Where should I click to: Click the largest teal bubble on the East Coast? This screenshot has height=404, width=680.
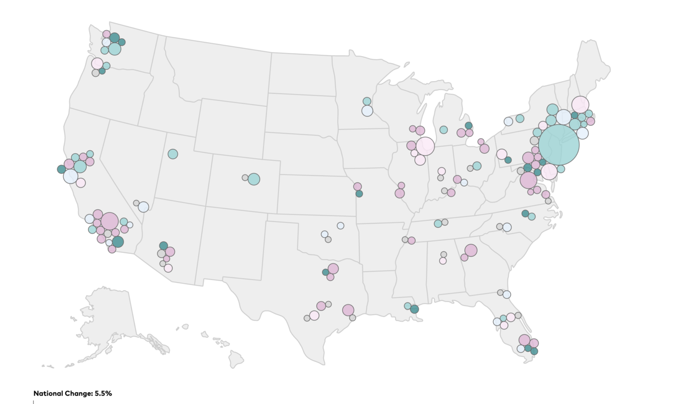click(x=559, y=145)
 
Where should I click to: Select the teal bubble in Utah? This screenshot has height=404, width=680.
click(x=172, y=154)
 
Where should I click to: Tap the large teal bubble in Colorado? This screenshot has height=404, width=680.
click(x=254, y=179)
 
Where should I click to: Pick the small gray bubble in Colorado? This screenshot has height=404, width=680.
click(x=245, y=178)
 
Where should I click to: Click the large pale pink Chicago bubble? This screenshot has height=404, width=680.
click(x=425, y=146)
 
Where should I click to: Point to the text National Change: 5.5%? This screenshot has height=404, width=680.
click(x=73, y=394)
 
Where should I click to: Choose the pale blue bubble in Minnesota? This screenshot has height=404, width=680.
click(x=367, y=110)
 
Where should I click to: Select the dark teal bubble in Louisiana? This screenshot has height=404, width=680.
click(x=414, y=309)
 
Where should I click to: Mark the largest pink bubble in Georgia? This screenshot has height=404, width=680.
click(x=471, y=250)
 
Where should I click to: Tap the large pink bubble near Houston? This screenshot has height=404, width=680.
click(x=348, y=310)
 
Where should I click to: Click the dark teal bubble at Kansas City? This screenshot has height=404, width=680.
click(x=359, y=194)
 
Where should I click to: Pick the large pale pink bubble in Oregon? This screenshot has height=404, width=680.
click(x=97, y=64)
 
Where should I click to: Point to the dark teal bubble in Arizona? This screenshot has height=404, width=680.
click(x=163, y=245)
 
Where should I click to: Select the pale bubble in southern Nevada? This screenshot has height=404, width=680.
click(x=143, y=206)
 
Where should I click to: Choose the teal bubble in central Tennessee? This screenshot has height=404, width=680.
click(x=438, y=223)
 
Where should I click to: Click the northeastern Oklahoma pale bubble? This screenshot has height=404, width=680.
click(x=340, y=225)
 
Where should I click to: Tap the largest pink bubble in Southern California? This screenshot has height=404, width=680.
click(x=110, y=221)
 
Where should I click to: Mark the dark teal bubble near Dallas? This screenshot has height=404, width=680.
click(x=325, y=272)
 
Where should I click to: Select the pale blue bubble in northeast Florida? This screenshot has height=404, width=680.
click(x=507, y=295)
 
